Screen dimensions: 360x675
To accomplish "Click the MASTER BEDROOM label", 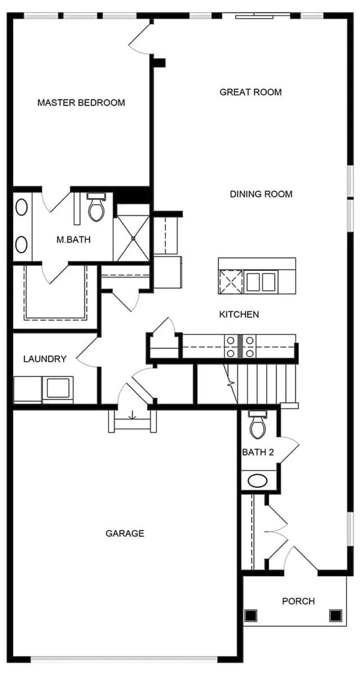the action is [x=81, y=103].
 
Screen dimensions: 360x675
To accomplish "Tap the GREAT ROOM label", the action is [x=251, y=92].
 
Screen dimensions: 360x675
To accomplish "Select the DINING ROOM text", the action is [x=261, y=194].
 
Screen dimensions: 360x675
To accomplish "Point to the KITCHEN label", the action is [x=239, y=315].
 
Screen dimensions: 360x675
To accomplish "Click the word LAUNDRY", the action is [x=45, y=359].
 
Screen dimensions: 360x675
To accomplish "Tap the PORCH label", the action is [x=298, y=601].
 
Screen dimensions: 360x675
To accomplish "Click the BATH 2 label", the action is [x=258, y=452].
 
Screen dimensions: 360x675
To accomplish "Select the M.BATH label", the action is [x=74, y=239].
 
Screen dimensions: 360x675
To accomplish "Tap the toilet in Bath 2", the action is [x=258, y=425].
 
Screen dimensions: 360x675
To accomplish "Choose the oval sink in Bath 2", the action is [x=257, y=481].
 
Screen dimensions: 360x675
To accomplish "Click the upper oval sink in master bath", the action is [x=21, y=207].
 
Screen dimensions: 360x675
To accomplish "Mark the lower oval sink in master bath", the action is [x=21, y=244].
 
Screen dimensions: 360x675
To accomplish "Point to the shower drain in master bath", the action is [x=133, y=239].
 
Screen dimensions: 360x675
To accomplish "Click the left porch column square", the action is [x=251, y=615].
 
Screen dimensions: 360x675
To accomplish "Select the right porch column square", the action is [x=336, y=615].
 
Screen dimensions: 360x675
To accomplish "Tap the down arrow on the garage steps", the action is [x=132, y=416].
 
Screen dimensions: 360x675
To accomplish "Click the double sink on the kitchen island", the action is [x=261, y=282].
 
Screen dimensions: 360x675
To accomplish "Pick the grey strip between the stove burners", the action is [x=240, y=346].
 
